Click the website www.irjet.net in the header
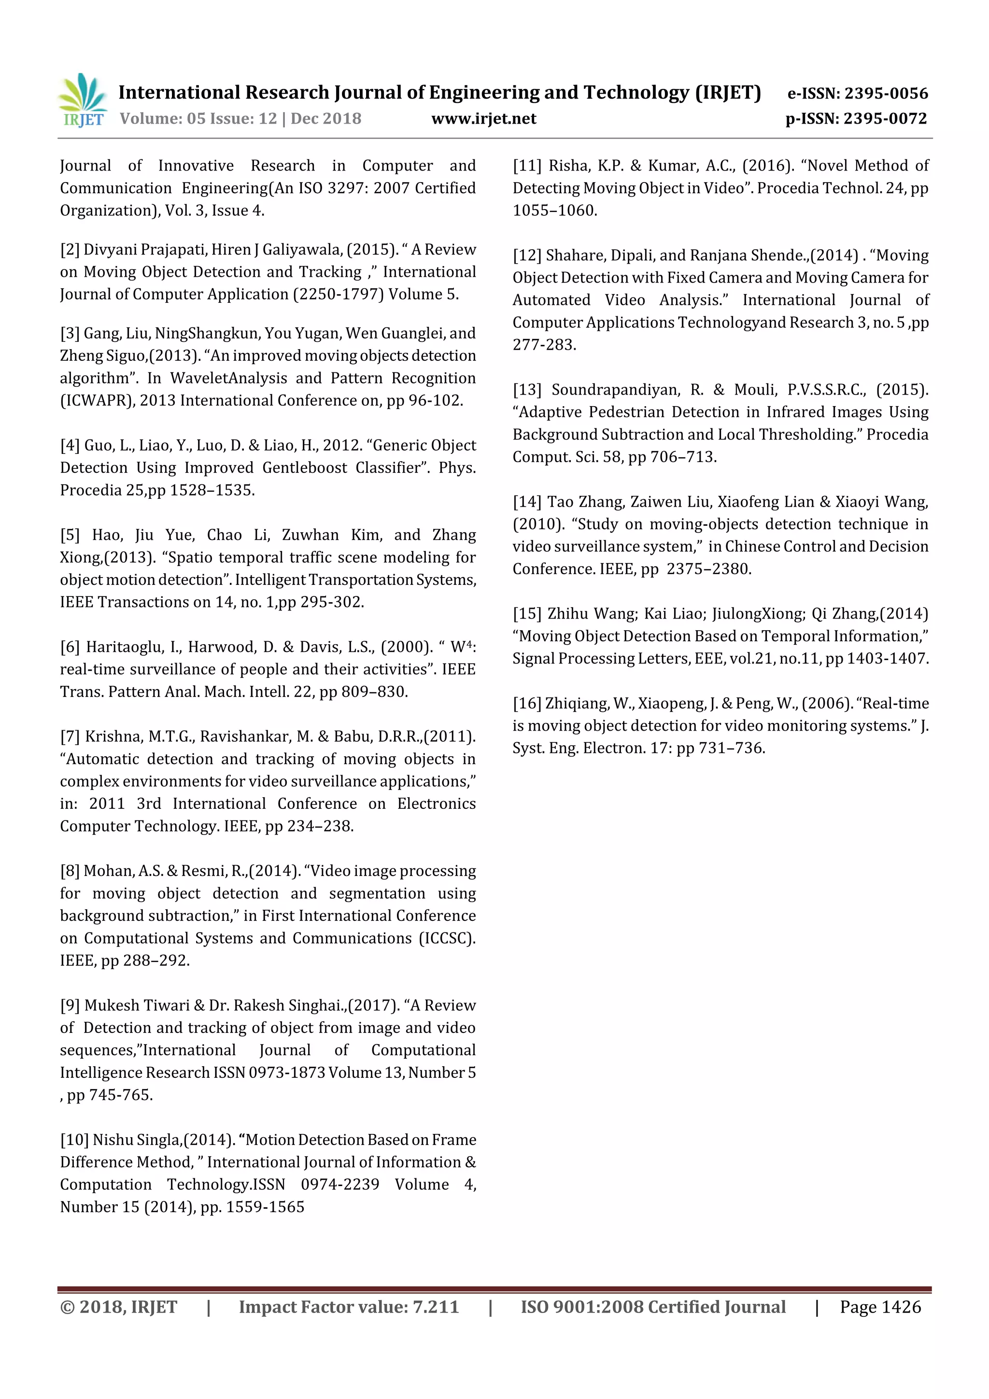(483, 119)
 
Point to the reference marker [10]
(74, 1140)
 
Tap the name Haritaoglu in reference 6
(126, 647)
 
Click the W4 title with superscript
(461, 647)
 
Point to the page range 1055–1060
(554, 211)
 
